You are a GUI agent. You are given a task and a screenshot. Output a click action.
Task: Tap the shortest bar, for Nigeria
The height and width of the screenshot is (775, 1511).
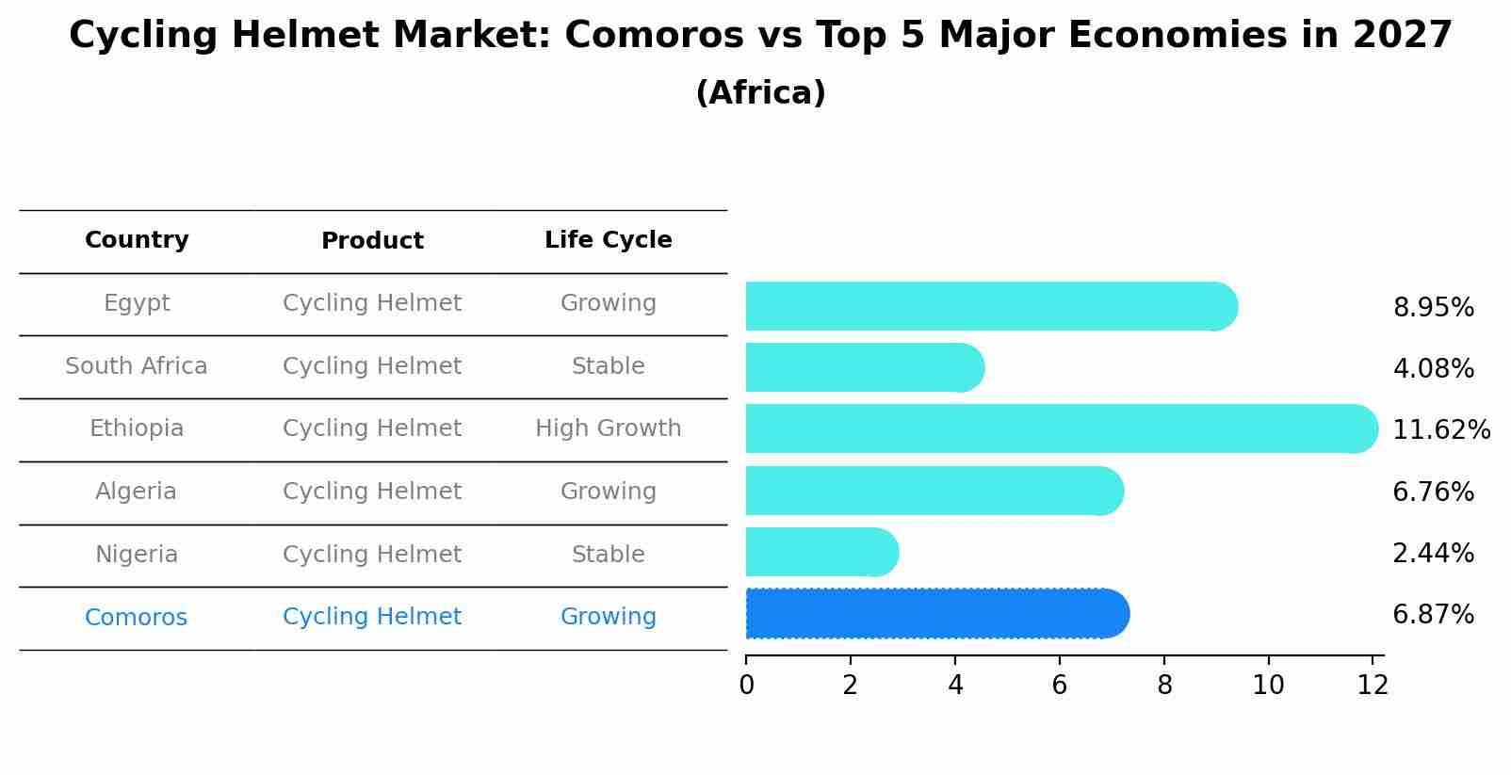tap(820, 552)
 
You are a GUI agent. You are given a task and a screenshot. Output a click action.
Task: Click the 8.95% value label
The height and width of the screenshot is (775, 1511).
tap(1433, 308)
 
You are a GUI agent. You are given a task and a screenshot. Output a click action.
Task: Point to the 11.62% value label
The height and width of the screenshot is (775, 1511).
tap(1440, 430)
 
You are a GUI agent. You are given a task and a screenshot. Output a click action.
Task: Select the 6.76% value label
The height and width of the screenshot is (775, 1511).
tap(1433, 492)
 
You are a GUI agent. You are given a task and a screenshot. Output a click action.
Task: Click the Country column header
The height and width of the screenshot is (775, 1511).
tap(137, 240)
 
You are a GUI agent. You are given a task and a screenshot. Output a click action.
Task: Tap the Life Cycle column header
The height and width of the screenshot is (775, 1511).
tap(608, 240)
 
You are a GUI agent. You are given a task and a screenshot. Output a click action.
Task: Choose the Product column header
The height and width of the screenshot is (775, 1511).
tap(372, 241)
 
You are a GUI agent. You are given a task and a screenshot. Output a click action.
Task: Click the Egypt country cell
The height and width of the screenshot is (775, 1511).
tap(137, 303)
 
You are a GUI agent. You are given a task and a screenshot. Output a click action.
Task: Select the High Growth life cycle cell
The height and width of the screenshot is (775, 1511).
tap(608, 428)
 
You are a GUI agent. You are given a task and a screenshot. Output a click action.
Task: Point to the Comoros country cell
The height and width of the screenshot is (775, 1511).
tap(136, 618)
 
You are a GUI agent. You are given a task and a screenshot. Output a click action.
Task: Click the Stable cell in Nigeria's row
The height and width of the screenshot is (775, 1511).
tap(608, 555)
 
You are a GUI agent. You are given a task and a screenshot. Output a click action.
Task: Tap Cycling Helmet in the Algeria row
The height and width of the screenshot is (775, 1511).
tap(372, 492)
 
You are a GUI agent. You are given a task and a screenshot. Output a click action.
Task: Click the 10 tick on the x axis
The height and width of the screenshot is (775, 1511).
tap(1268, 686)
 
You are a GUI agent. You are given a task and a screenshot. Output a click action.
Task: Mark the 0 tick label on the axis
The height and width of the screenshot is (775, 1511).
tap(746, 686)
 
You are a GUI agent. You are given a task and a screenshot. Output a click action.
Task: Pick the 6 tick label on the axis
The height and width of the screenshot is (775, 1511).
tap(1060, 686)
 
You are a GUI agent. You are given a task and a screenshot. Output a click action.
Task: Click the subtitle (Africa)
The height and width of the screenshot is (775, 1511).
tap(760, 93)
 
